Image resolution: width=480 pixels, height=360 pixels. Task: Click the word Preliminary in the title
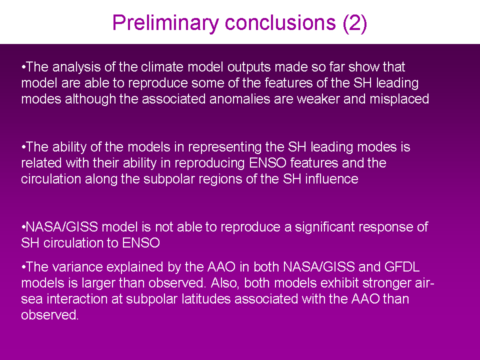coord(165,23)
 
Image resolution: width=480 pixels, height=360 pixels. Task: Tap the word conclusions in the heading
coord(280,22)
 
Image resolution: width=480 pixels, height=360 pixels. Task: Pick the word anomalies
coord(240,99)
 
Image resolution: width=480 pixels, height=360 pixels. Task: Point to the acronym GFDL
coord(402,267)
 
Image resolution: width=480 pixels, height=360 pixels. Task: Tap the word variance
coord(77,267)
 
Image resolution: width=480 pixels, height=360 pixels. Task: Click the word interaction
coord(77,299)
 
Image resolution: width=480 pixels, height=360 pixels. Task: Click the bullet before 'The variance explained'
coord(23,267)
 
